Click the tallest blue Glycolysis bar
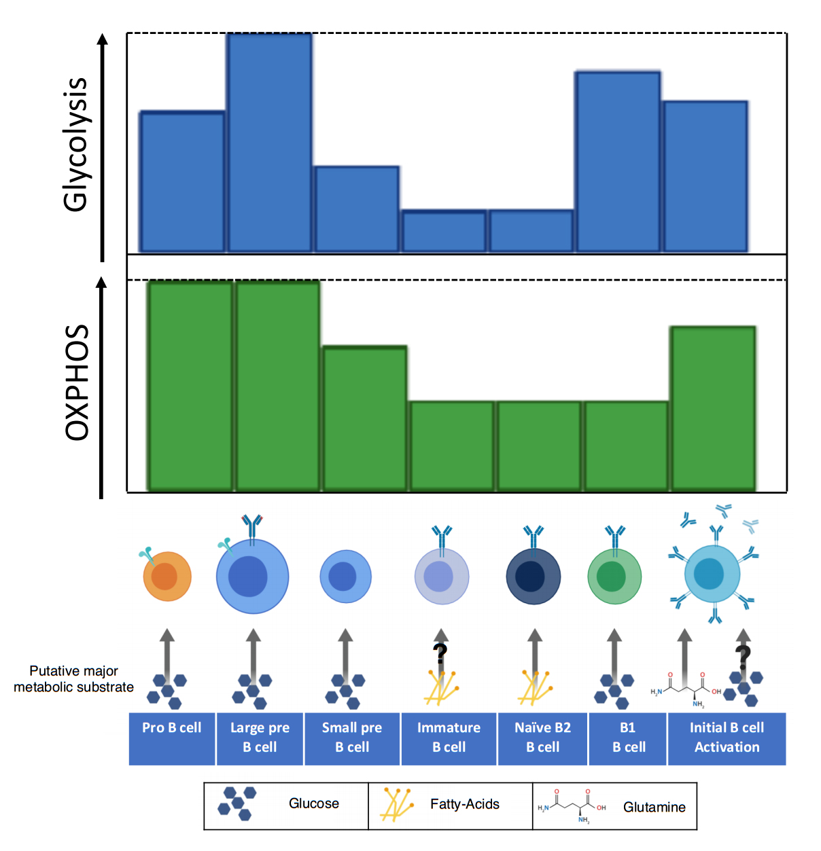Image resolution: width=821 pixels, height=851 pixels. pos(270,143)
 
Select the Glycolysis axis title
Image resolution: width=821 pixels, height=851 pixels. pos(75,144)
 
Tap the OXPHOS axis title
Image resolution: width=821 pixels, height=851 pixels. pos(77,382)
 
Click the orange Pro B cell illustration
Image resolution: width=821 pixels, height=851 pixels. pos(167,577)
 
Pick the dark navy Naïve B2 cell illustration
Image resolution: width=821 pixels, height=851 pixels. pos(534,577)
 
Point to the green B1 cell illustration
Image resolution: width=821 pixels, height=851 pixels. pos(614,577)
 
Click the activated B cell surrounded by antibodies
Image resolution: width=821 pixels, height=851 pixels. pos(712,575)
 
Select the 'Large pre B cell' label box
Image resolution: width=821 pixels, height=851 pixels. pos(260,738)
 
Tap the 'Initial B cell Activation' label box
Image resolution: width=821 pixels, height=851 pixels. pos(727,738)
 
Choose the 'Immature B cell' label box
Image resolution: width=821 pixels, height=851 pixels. pos(449,738)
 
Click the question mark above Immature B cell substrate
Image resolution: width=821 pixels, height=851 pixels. pos(440,653)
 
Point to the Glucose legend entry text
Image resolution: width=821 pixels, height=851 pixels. pos(313,803)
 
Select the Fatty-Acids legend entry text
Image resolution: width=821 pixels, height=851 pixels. pos(464,804)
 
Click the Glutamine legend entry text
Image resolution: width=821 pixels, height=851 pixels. pos(654,807)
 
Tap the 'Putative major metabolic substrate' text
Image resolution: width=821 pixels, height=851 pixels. pos(73,679)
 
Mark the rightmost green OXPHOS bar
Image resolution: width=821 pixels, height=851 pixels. pos(713,408)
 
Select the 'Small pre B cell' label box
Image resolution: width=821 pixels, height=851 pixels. pos(352,738)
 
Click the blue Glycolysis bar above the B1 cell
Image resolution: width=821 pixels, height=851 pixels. pos(618,162)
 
